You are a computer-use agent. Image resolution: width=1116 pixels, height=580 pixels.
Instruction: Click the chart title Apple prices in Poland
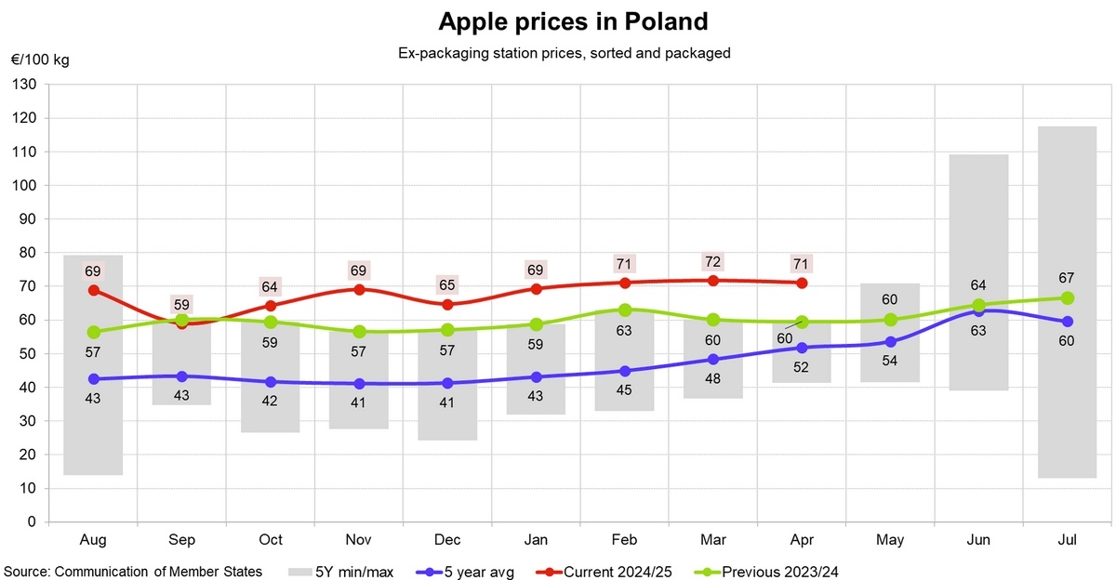click(x=559, y=21)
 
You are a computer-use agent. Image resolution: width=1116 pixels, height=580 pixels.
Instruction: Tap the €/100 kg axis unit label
click(x=39, y=60)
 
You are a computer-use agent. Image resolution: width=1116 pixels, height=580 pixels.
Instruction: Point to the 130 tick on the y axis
click(x=24, y=85)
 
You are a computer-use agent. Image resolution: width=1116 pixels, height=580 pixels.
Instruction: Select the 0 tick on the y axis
click(x=31, y=522)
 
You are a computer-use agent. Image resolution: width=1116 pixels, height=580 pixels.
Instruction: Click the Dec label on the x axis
click(x=447, y=540)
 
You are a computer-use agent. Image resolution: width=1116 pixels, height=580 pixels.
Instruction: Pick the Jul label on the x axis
click(x=1068, y=540)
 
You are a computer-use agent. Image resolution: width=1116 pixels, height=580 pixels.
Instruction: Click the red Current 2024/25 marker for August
click(x=93, y=290)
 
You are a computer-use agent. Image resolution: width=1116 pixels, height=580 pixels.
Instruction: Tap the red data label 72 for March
click(x=713, y=261)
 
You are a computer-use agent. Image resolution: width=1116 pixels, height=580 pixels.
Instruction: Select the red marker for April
click(x=802, y=283)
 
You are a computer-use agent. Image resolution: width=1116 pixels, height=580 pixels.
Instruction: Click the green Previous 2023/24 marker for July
click(x=1068, y=298)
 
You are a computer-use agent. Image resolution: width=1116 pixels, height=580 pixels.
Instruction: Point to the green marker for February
click(x=625, y=310)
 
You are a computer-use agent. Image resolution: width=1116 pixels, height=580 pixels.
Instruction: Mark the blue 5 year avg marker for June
click(x=978, y=310)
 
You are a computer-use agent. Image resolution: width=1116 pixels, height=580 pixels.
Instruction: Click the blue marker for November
click(x=359, y=384)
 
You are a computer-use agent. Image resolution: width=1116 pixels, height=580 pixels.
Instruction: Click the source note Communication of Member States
click(x=132, y=571)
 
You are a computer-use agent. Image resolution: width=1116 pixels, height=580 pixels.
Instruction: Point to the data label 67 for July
click(x=1067, y=278)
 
